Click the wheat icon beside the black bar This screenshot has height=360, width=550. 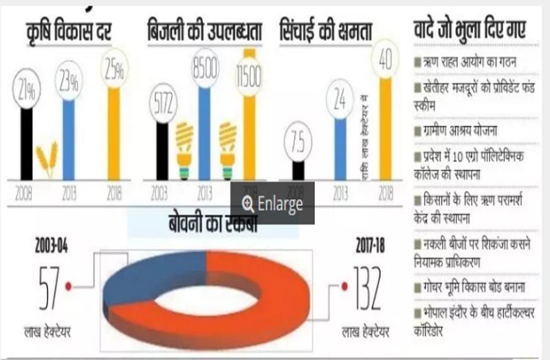(x=47, y=160)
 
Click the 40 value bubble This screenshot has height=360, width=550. (x=386, y=60)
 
